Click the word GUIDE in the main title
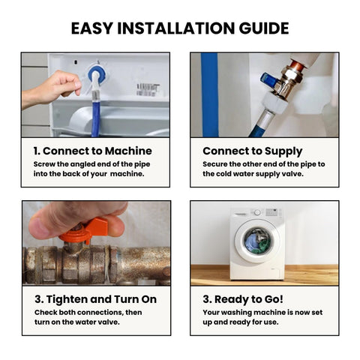tap(264, 28)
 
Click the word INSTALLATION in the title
tap(176, 28)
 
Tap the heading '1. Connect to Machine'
tap(93, 151)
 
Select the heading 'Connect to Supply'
tap(253, 151)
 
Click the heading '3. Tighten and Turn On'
tap(96, 299)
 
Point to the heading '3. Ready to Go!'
tap(243, 299)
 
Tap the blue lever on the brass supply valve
tap(269, 81)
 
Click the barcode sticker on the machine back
tap(148, 90)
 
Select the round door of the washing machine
tap(257, 241)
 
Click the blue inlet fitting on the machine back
tap(97, 74)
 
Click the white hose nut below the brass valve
tap(275, 103)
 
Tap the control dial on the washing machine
tap(257, 212)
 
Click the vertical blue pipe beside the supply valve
tap(210, 95)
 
